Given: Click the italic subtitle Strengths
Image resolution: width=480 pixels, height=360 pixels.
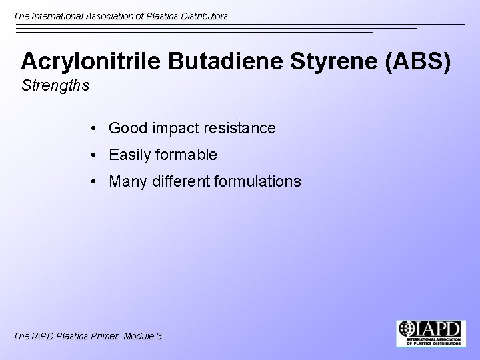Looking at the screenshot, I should pos(55,86).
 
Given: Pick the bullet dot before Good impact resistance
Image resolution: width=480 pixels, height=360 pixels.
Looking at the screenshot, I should pos(97,128).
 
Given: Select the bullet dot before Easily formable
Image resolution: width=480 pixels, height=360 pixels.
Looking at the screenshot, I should pos(97,155).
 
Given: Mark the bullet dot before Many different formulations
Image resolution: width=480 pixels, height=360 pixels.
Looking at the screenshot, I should pos(97,181).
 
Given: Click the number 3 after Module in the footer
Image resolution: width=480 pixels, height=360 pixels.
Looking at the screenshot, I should pos(159,336).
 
